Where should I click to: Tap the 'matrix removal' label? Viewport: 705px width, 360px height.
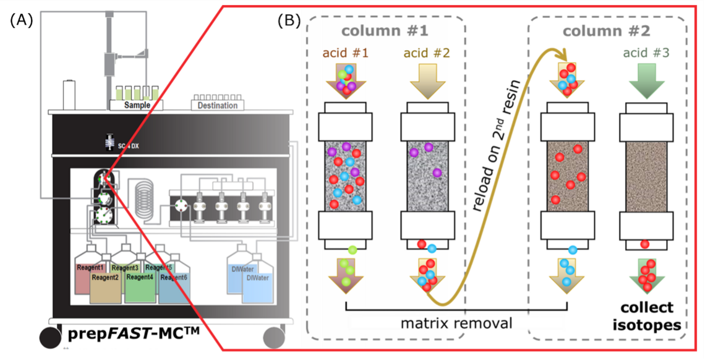coord(456,322)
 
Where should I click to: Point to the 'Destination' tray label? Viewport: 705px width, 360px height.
coord(218,106)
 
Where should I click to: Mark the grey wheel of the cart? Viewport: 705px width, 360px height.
coord(275,338)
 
